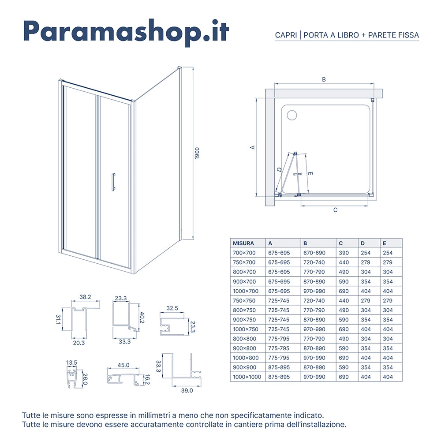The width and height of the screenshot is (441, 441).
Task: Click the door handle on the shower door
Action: pos(113,182)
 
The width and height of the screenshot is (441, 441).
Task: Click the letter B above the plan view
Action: pos(324,80)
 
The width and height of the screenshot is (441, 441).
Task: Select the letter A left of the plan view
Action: pos(252,147)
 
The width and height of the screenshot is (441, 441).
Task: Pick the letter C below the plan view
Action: pos(335,210)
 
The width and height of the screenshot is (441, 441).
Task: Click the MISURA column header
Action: pos(243,243)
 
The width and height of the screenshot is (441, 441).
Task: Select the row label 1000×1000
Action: pos(247,377)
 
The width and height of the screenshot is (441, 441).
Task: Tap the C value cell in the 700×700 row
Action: pos(344,253)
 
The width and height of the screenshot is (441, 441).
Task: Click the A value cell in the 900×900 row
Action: pos(279,367)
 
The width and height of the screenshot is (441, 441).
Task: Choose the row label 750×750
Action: pos(244,300)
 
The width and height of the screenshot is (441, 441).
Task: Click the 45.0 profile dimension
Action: pos(123,365)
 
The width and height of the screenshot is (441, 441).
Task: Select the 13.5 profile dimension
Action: pos(72,363)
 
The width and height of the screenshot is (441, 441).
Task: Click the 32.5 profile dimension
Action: pos(172,308)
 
